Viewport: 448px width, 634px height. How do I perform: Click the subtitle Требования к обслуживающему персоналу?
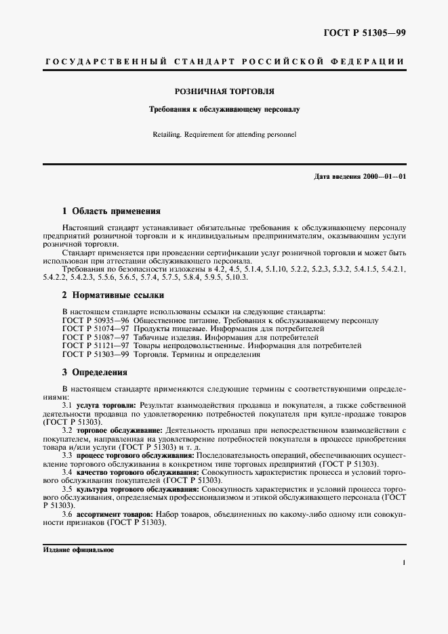224,108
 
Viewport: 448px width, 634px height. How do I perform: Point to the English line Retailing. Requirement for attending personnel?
224,134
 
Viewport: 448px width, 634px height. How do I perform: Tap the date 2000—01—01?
383,177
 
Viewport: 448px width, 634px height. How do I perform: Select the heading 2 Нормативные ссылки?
113,295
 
